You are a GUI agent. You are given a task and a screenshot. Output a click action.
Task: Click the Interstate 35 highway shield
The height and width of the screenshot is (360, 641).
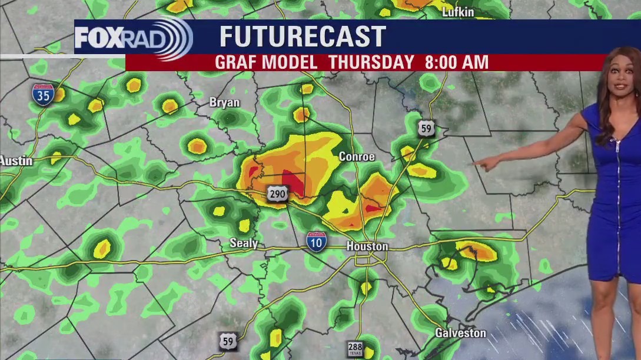[43, 95]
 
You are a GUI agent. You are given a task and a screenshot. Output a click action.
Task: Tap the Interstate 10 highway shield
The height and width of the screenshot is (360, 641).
[317, 241]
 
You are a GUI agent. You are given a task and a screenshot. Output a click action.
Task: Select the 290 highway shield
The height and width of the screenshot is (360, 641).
[278, 195]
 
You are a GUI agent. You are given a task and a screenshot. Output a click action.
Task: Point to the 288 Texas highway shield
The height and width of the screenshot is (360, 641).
[355, 347]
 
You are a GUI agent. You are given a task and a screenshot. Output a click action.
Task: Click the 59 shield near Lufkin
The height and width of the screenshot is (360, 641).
[426, 128]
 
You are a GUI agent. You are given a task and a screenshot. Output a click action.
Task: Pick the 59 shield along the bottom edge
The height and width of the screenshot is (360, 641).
[228, 341]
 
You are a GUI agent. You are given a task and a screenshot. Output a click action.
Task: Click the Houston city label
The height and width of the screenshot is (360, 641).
[367, 246]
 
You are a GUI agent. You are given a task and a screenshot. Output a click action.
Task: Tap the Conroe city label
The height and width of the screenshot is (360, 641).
[357, 157]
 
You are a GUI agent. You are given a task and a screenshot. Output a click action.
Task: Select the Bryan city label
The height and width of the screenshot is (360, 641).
[225, 102]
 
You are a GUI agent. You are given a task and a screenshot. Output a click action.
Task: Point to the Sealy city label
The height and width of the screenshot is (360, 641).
[244, 243]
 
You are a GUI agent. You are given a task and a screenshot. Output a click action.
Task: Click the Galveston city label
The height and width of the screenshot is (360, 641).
[460, 333]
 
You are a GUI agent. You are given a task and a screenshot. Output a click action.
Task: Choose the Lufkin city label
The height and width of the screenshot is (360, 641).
[457, 12]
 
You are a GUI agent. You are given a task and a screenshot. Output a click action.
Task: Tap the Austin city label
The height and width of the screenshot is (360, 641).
[16, 161]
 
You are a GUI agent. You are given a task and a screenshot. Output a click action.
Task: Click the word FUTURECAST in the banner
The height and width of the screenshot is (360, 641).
[303, 37]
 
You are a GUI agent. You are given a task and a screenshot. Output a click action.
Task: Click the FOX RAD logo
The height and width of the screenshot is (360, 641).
[133, 38]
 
